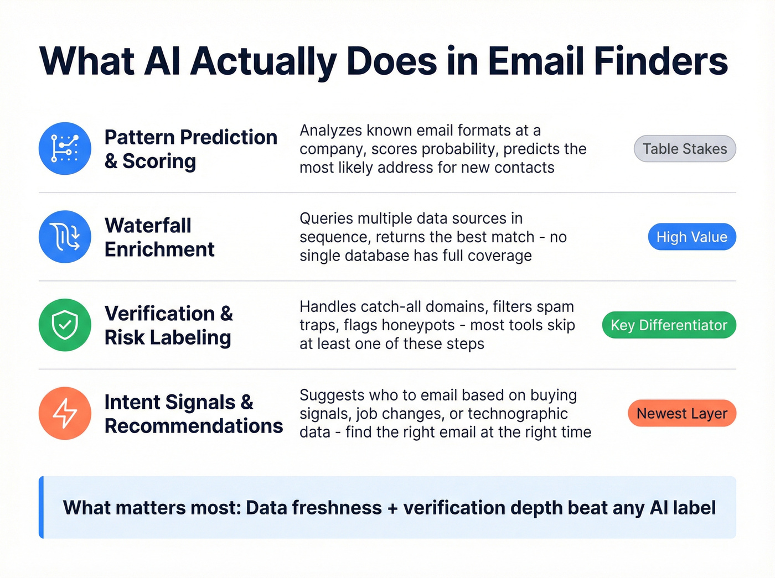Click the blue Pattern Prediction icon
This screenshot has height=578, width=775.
click(65, 149)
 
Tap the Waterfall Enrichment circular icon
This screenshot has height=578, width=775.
click(65, 237)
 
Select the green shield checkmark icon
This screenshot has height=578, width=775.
click(65, 325)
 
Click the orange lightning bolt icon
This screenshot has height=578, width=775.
click(65, 413)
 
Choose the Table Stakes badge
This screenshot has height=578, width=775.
click(684, 149)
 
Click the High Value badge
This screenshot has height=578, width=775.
click(691, 237)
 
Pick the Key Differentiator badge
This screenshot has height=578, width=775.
click(669, 325)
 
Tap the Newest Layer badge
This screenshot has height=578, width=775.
click(681, 413)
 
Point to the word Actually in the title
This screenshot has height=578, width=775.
click(263, 62)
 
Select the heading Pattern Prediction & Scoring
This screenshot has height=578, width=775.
click(190, 149)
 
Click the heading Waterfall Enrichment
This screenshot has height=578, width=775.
click(159, 237)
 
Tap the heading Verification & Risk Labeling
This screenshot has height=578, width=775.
click(168, 325)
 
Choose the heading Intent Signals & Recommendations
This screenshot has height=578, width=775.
click(193, 414)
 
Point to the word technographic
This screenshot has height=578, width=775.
click(518, 414)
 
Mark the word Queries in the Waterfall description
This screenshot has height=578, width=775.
click(327, 218)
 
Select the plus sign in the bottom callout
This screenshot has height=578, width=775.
click(392, 508)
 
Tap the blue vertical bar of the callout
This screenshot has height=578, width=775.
click(41, 507)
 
